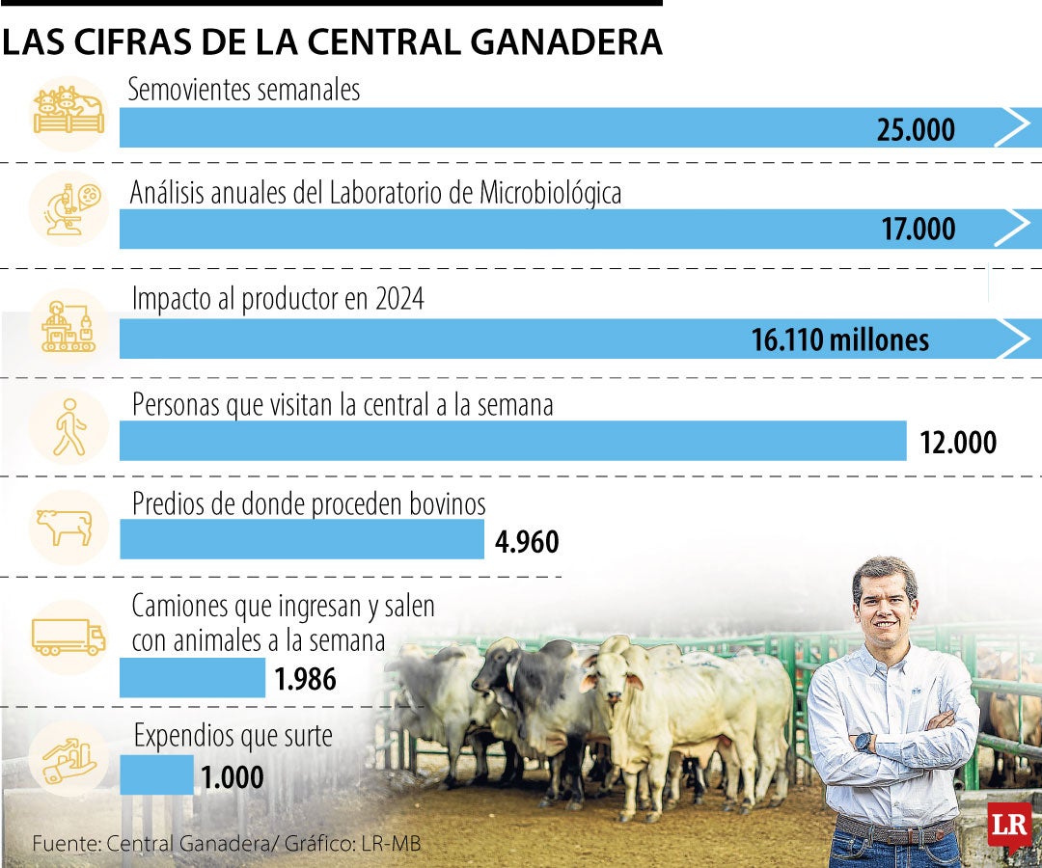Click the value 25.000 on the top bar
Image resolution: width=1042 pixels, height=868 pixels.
click(x=916, y=129)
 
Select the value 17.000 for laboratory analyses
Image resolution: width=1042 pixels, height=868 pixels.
click(x=918, y=230)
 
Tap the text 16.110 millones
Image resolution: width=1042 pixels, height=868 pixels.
click(x=839, y=339)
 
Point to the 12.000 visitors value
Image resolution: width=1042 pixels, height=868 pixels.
click(x=957, y=443)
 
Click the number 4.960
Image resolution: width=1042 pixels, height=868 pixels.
click(x=527, y=542)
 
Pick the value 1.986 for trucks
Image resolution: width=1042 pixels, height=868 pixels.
click(x=305, y=680)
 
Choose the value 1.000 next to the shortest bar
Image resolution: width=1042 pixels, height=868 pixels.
click(x=232, y=777)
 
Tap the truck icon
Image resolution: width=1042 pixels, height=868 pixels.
click(x=68, y=637)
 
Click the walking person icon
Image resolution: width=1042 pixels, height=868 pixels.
click(x=69, y=425)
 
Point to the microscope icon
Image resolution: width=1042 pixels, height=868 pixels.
click(x=68, y=206)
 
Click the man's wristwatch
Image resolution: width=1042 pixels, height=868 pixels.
click(x=863, y=742)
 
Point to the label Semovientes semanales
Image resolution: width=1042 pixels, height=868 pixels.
click(x=245, y=90)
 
